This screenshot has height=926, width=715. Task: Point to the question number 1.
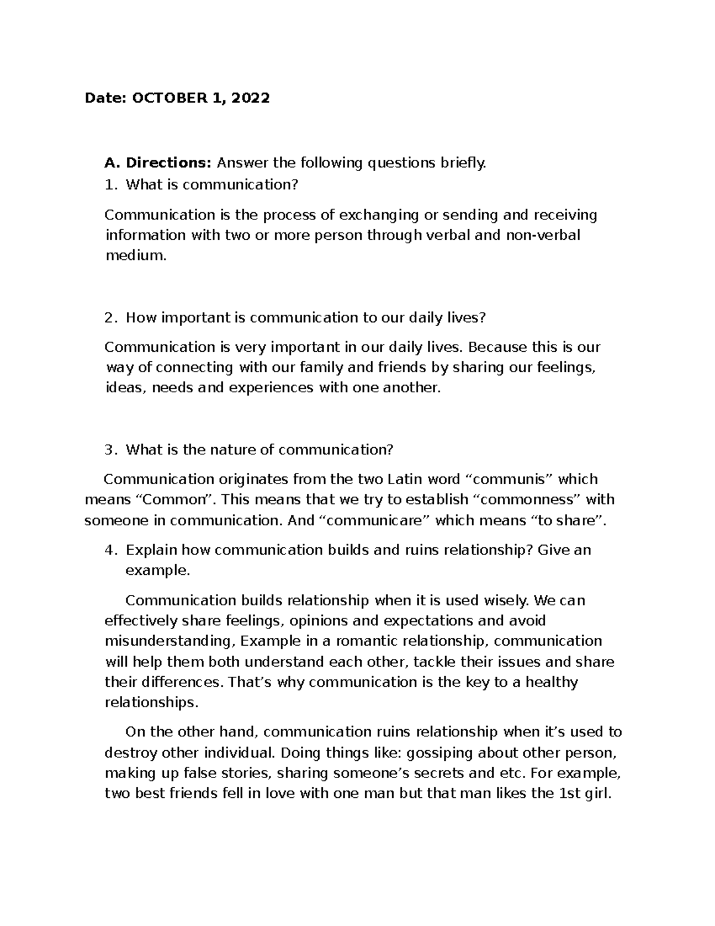pos(108,185)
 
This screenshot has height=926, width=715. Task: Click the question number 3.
pos(108,450)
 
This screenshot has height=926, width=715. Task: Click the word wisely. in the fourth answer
pos(508,600)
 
